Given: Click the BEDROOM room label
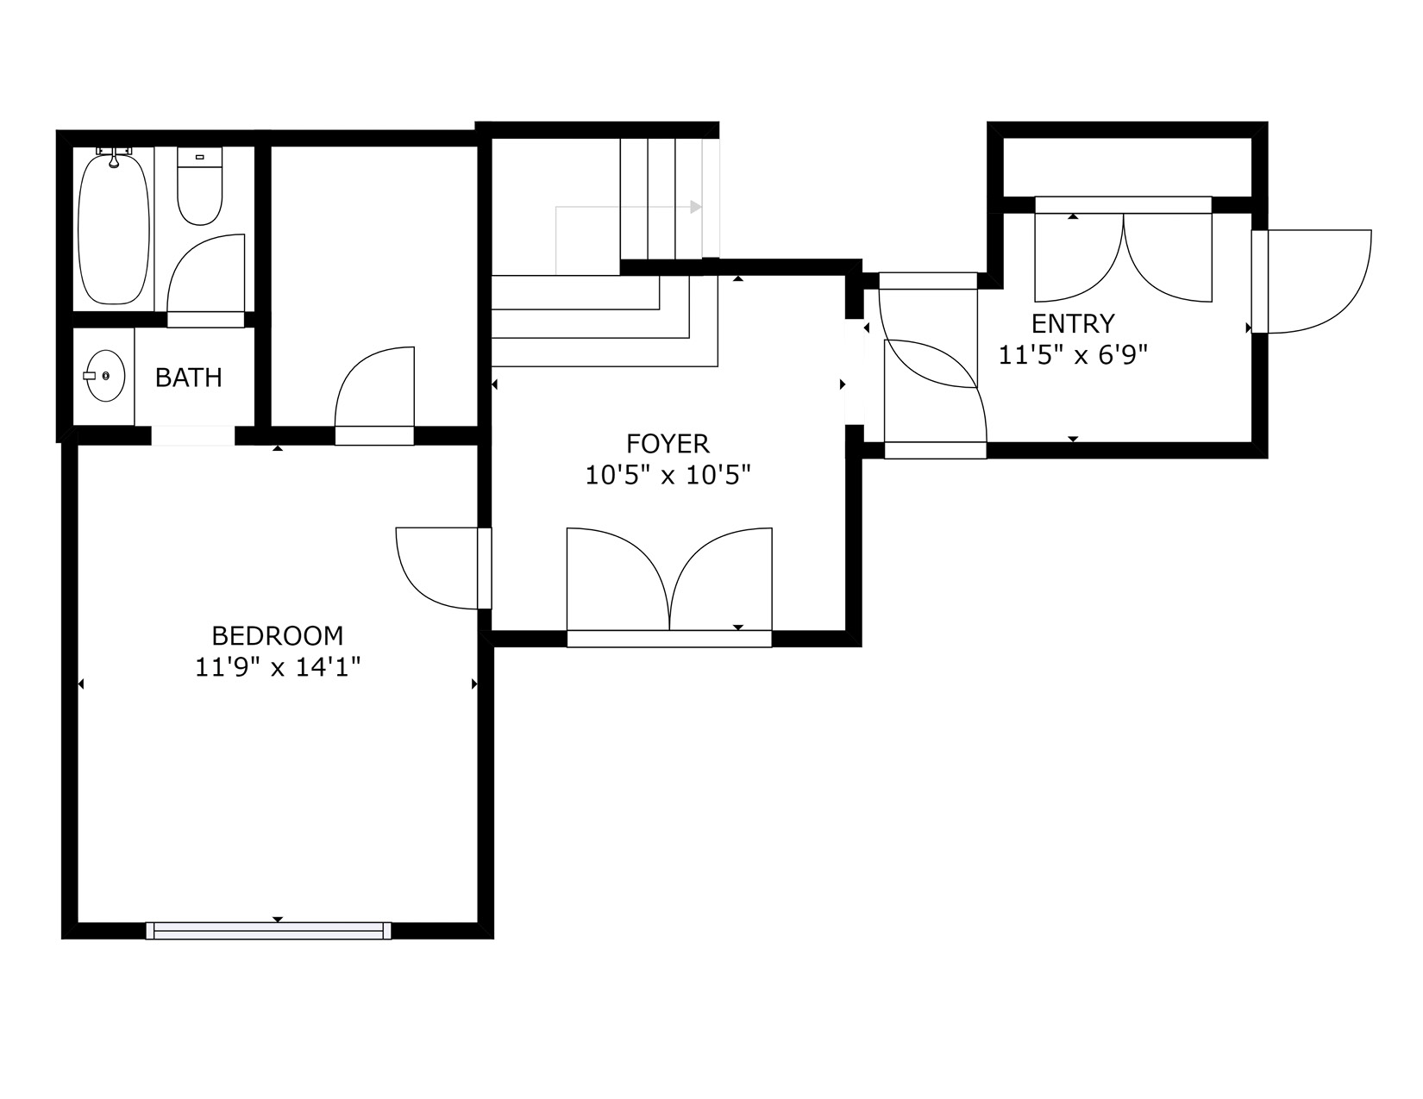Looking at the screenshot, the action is [x=278, y=635].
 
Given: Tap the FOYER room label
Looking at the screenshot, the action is [x=668, y=444].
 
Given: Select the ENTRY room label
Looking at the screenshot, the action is [x=1073, y=323].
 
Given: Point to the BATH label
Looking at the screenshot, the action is [x=189, y=378].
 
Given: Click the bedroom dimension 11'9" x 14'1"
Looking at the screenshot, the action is [x=278, y=668].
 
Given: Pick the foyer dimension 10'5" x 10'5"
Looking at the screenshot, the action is [x=668, y=475].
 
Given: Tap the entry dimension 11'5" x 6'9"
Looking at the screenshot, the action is [x=1073, y=355].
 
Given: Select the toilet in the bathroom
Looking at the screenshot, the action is [x=200, y=186].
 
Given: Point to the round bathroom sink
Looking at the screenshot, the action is [x=105, y=376].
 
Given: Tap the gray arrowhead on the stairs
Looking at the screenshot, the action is [x=695, y=207].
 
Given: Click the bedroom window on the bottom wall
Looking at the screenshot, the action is [x=268, y=931].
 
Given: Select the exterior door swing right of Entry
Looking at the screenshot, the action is [x=1312, y=282].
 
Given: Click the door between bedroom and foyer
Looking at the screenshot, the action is [x=444, y=568].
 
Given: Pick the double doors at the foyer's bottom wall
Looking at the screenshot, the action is [x=669, y=587].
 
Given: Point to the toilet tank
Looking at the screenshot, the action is [x=200, y=157].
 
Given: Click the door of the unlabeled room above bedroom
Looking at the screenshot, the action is [x=374, y=396].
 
